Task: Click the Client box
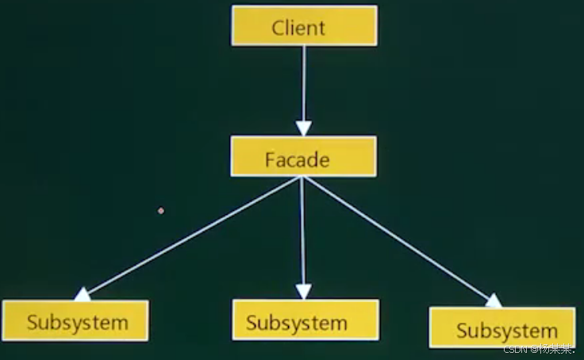click(x=304, y=25)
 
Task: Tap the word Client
click(x=298, y=28)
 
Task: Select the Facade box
click(x=303, y=156)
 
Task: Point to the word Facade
click(x=297, y=159)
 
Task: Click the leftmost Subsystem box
click(x=75, y=320)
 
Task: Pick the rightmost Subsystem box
click(x=501, y=327)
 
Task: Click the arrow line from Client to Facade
click(x=303, y=79)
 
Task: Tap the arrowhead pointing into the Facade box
click(x=303, y=128)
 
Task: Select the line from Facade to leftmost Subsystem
click(x=190, y=236)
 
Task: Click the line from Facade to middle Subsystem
click(x=302, y=230)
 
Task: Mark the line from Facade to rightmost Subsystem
click(x=397, y=238)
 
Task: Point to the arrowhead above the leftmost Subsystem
click(x=82, y=295)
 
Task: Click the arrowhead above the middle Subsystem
click(x=303, y=291)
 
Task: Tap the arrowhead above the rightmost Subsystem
click(x=493, y=301)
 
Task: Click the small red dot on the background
click(x=161, y=211)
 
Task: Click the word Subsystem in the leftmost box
click(x=77, y=322)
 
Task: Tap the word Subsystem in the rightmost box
click(x=506, y=330)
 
